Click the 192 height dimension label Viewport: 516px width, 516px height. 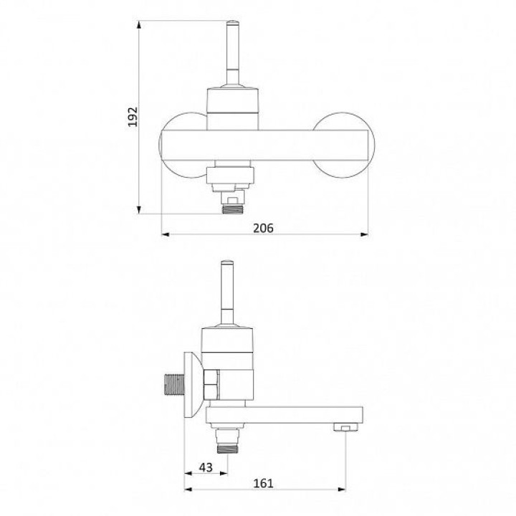point(133,117)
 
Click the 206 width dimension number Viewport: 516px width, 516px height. point(263,228)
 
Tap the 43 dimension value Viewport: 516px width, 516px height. point(206,467)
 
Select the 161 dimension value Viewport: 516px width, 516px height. point(263,484)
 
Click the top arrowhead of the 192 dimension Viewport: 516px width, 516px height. point(139,25)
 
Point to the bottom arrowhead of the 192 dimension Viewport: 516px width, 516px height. point(139,209)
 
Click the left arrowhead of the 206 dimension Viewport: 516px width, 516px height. point(166,234)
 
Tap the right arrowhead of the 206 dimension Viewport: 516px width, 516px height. point(364,234)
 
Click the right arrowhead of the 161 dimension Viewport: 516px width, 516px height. point(342,489)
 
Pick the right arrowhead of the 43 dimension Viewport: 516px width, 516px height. point(224,474)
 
